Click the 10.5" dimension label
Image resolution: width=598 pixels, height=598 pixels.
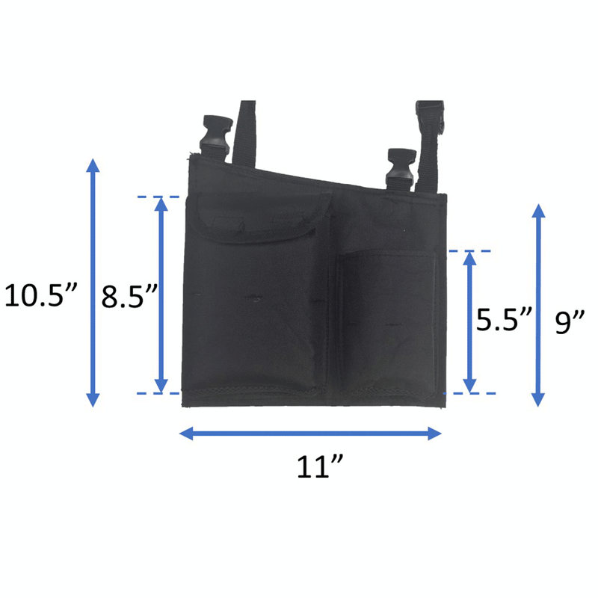pyautogui.click(x=41, y=295)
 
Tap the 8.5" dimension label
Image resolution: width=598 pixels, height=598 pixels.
pyautogui.click(x=129, y=296)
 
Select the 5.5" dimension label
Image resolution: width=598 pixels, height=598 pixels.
pyautogui.click(x=503, y=319)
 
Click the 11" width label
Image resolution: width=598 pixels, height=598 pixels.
pyautogui.click(x=320, y=466)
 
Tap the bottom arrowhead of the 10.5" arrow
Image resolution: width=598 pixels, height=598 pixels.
pyautogui.click(x=93, y=400)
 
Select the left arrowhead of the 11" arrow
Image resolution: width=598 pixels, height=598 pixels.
pyautogui.click(x=186, y=434)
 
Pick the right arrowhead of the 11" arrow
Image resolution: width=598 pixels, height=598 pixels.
pyautogui.click(x=434, y=434)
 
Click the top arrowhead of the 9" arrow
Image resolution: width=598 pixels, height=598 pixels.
pyautogui.click(x=538, y=211)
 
